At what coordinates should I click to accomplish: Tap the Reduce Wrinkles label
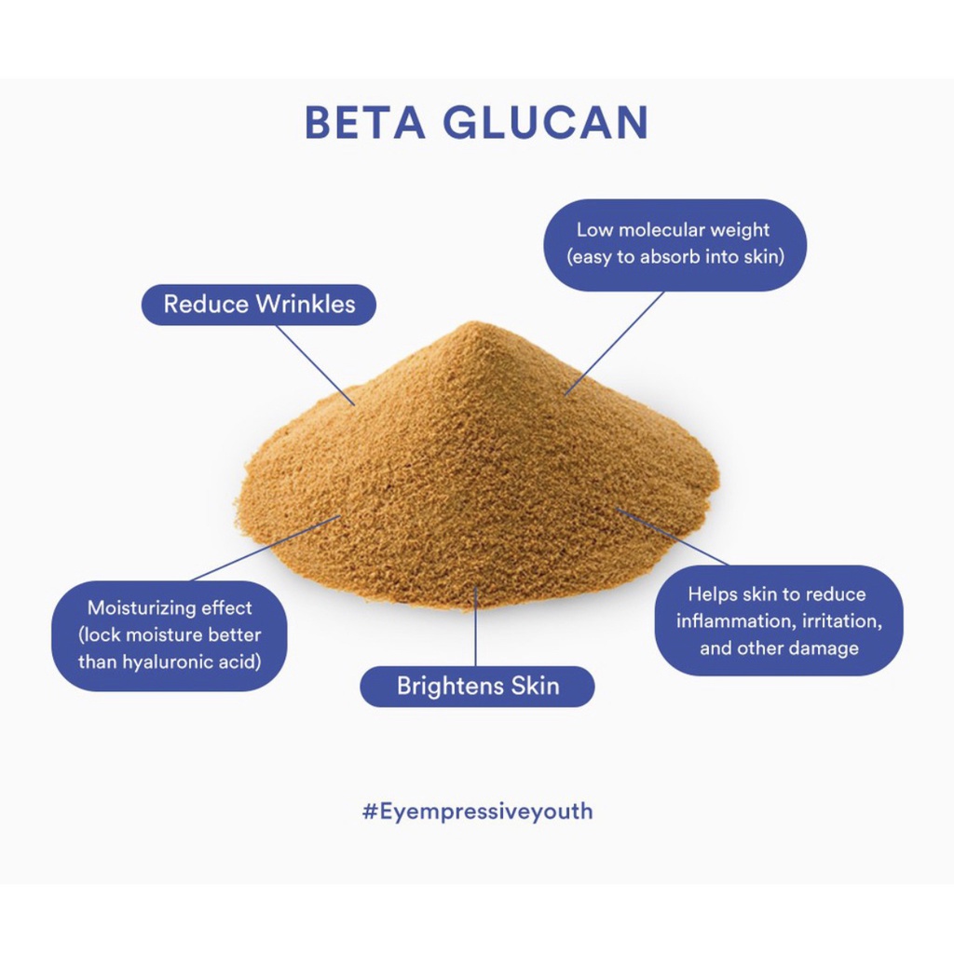(x=259, y=305)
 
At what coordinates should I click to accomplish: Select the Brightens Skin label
(x=477, y=687)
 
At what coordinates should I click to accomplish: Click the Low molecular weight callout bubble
(x=674, y=243)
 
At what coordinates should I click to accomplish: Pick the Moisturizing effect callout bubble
(x=170, y=635)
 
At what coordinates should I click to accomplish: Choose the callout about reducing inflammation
(x=778, y=620)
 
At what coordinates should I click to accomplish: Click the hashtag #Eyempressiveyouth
(x=477, y=811)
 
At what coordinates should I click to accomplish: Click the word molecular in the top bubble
(x=660, y=230)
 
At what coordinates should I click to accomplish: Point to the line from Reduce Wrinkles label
(x=317, y=364)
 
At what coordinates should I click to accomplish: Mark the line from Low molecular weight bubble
(x=615, y=341)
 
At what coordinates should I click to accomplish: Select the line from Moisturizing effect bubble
(x=266, y=549)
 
